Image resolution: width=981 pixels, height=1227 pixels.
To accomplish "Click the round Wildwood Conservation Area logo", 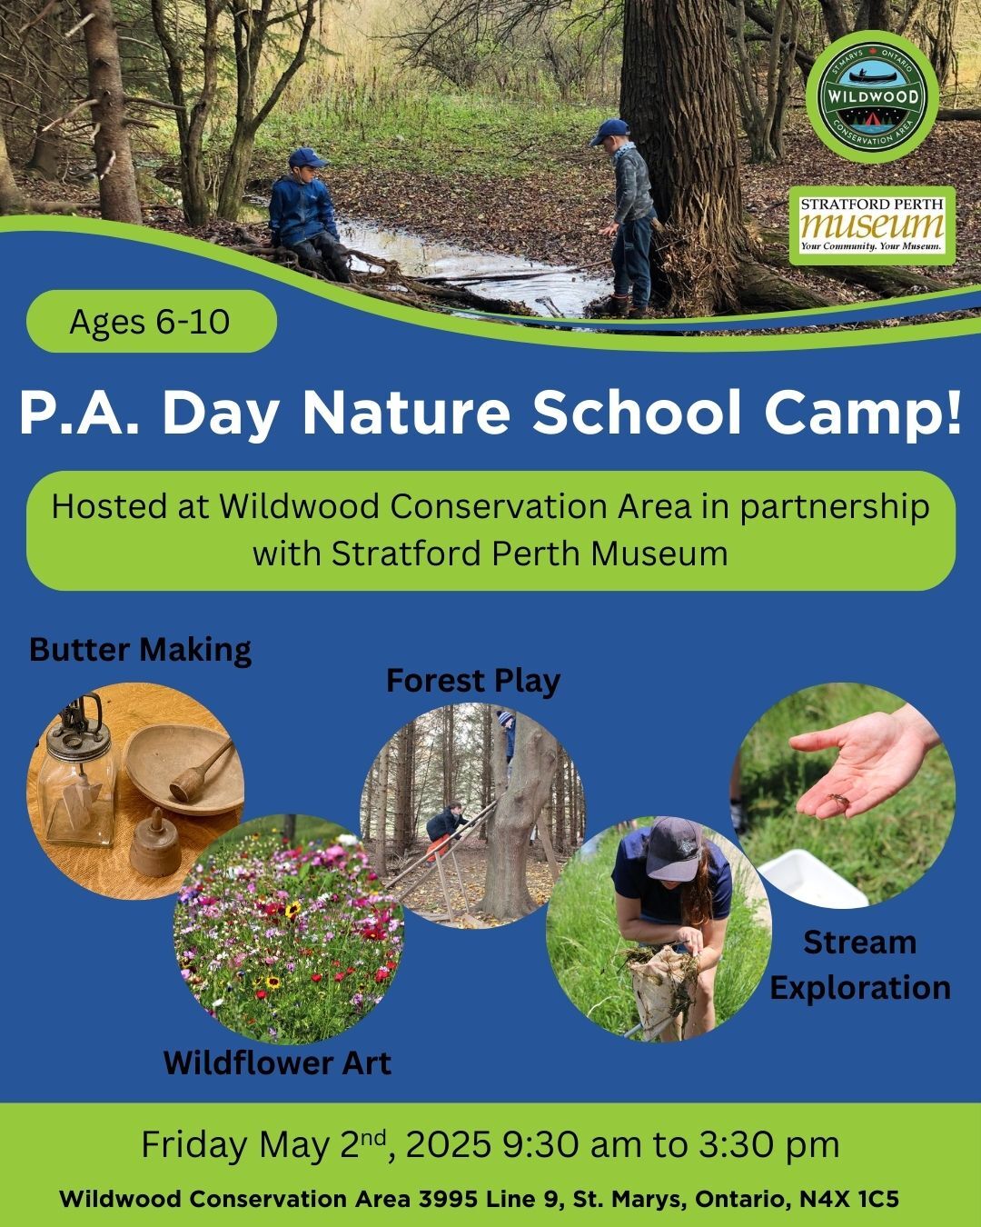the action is tap(872, 97).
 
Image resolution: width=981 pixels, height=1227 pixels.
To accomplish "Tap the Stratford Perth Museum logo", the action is tap(872, 225).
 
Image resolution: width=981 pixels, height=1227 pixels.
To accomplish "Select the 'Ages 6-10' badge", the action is tap(152, 321).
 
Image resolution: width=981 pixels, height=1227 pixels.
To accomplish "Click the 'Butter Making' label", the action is tap(140, 650).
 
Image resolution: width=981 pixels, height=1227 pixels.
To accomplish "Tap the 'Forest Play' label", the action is tap(473, 682).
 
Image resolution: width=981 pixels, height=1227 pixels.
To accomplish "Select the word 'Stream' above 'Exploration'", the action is tap(860, 943).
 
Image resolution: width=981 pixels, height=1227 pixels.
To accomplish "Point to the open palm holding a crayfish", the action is tap(857, 761).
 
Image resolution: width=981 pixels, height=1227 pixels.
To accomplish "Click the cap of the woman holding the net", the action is tap(675, 848).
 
